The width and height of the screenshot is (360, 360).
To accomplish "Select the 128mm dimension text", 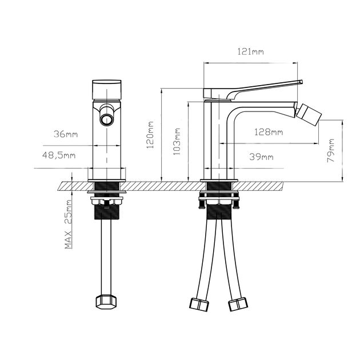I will click(x=269, y=133).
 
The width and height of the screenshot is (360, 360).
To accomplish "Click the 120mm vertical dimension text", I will click(x=151, y=134).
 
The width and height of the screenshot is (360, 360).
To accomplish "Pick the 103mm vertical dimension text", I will click(x=178, y=141).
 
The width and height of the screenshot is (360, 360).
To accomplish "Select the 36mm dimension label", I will click(x=66, y=134).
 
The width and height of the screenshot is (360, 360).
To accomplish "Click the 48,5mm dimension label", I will click(x=59, y=155).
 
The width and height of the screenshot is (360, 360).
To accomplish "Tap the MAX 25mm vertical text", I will click(x=68, y=225).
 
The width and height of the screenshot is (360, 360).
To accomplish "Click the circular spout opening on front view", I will click(x=107, y=119).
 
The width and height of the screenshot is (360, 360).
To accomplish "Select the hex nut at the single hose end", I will click(x=106, y=302).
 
